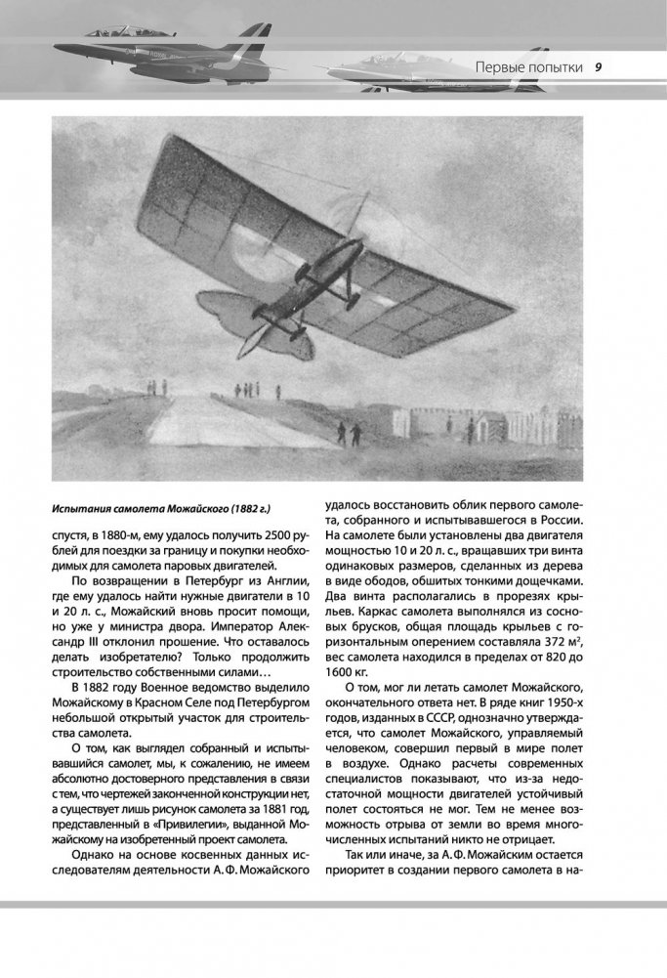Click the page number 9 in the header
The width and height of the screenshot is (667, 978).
(x=597, y=67)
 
